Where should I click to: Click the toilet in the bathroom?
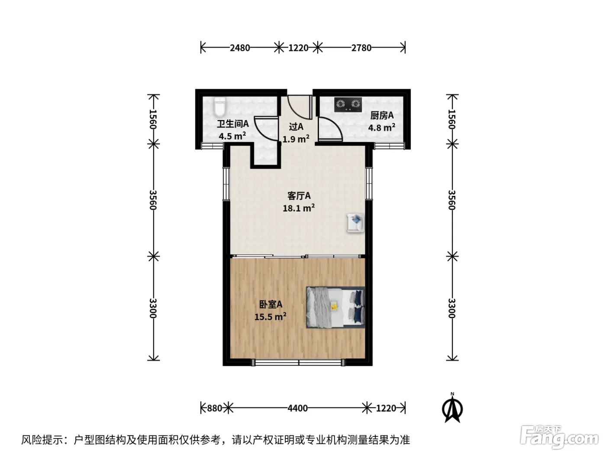(220, 107)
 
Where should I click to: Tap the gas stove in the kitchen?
(348, 104)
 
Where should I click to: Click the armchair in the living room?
(356, 223)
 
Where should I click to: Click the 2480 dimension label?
(240, 48)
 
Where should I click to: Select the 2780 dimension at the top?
(361, 48)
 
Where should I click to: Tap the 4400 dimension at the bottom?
(297, 408)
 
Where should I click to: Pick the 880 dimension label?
(215, 408)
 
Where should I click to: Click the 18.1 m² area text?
(299, 208)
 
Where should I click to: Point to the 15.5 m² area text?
(270, 316)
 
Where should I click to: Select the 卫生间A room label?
(233, 124)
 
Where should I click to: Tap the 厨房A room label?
(382, 115)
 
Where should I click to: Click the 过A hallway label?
(296, 127)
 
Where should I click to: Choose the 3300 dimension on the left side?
(153, 308)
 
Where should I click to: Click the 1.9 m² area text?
(296, 139)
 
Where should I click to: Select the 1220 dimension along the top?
(298, 48)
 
